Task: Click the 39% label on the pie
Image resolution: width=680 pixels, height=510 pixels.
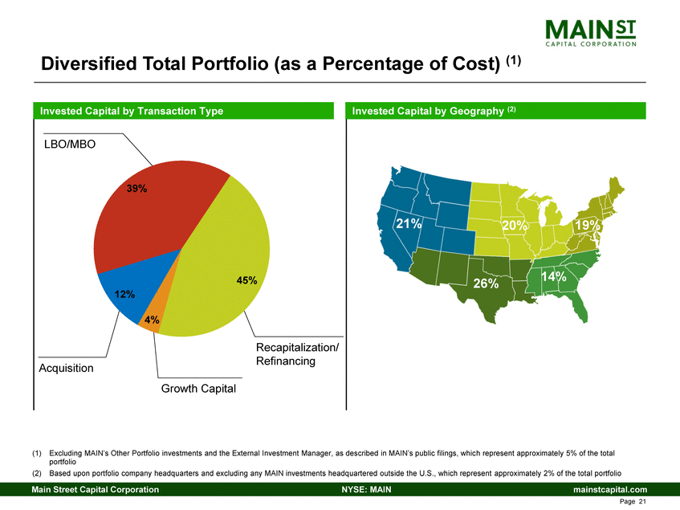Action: click(136, 189)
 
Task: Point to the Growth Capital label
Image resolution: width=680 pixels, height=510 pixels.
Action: click(197, 390)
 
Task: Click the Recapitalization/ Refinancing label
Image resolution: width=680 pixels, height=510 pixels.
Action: click(296, 354)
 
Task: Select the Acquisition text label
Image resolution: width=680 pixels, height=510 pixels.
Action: click(66, 369)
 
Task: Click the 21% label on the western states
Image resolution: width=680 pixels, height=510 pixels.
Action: click(407, 224)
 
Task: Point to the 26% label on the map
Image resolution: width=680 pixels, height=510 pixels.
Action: click(486, 284)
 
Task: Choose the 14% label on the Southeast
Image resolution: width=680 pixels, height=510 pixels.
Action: click(554, 277)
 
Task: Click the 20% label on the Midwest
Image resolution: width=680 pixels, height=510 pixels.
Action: click(514, 226)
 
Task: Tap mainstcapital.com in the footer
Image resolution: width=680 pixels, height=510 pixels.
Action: click(610, 490)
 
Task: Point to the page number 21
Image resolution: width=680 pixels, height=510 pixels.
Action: click(642, 502)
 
